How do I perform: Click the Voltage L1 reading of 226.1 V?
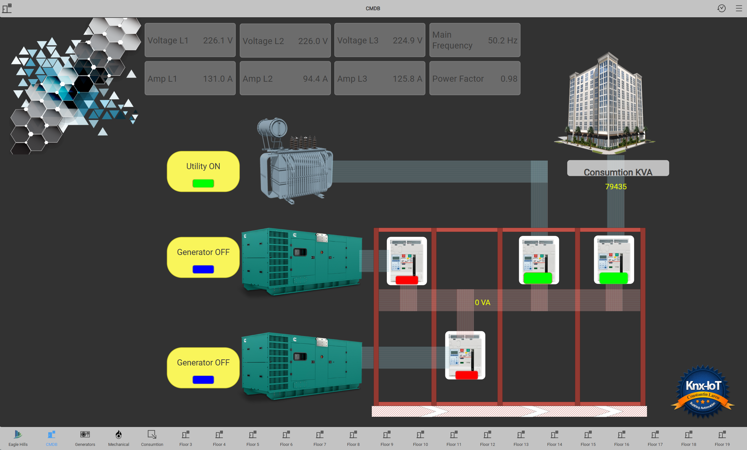(x=218, y=41)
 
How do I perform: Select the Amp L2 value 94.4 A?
(x=315, y=79)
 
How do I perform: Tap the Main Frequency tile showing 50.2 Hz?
(x=475, y=40)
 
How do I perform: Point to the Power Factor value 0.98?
(x=509, y=79)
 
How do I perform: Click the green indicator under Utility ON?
(x=203, y=183)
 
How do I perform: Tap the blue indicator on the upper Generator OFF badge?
(x=203, y=269)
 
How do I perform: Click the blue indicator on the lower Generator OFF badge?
(x=203, y=380)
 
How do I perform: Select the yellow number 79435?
(x=616, y=187)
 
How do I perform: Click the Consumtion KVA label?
(x=618, y=172)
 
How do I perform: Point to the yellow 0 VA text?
(x=482, y=303)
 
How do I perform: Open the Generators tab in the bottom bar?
(x=85, y=438)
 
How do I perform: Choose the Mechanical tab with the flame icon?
(x=118, y=438)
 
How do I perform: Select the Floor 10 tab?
(x=420, y=438)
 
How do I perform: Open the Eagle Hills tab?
(x=18, y=438)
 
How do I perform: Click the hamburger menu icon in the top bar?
(x=739, y=8)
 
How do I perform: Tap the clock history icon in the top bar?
(x=721, y=8)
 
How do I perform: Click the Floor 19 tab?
(x=722, y=438)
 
